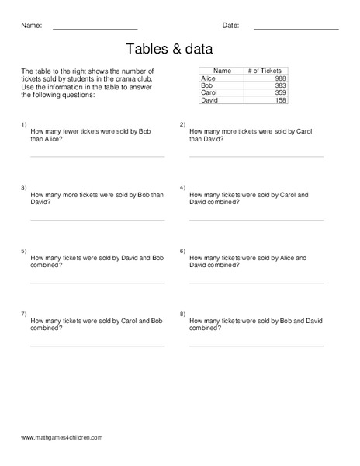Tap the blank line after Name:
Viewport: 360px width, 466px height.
(x=95, y=29)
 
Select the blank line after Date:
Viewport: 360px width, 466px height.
(x=296, y=29)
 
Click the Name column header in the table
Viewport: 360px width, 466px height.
(x=222, y=71)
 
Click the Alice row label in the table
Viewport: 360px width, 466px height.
(x=209, y=78)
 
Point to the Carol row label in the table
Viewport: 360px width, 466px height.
(x=209, y=92)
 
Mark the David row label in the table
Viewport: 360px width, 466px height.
(x=210, y=100)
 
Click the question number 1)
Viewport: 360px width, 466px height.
(x=24, y=124)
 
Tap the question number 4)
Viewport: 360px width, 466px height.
(x=182, y=188)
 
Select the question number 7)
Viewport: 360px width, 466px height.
(x=24, y=313)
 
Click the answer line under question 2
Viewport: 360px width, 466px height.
(x=256, y=156)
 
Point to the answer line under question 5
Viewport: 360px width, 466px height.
(x=97, y=283)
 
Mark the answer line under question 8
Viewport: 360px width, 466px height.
(x=256, y=346)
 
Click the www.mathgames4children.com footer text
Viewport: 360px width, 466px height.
(x=62, y=437)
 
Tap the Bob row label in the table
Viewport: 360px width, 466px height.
(x=206, y=85)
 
